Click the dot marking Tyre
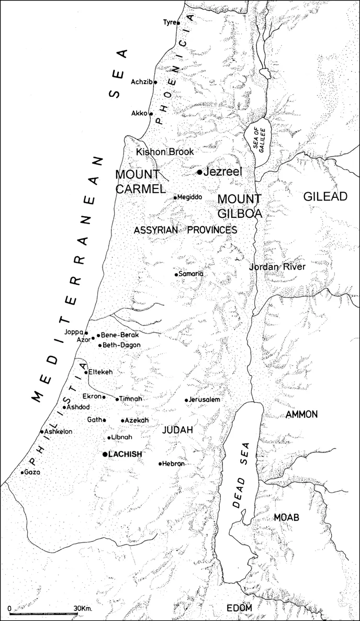click(178, 23)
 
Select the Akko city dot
click(151, 114)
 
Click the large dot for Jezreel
click(199, 172)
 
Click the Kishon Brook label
click(165, 152)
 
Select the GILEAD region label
click(325, 196)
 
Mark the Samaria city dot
click(176, 274)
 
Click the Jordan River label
click(277, 267)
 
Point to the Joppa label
click(74, 332)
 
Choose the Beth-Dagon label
click(121, 345)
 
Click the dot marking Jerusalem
click(186, 400)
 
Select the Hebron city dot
click(160, 463)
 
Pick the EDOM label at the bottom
click(239, 607)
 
